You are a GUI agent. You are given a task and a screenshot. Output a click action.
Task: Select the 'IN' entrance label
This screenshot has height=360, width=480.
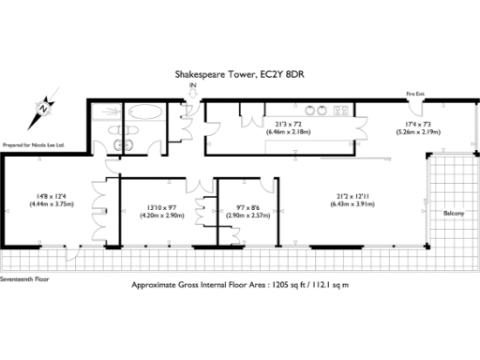(193, 86)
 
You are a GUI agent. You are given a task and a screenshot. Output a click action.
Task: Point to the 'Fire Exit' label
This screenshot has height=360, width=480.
(414, 94)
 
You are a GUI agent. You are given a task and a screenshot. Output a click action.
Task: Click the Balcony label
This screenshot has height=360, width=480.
(455, 213)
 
